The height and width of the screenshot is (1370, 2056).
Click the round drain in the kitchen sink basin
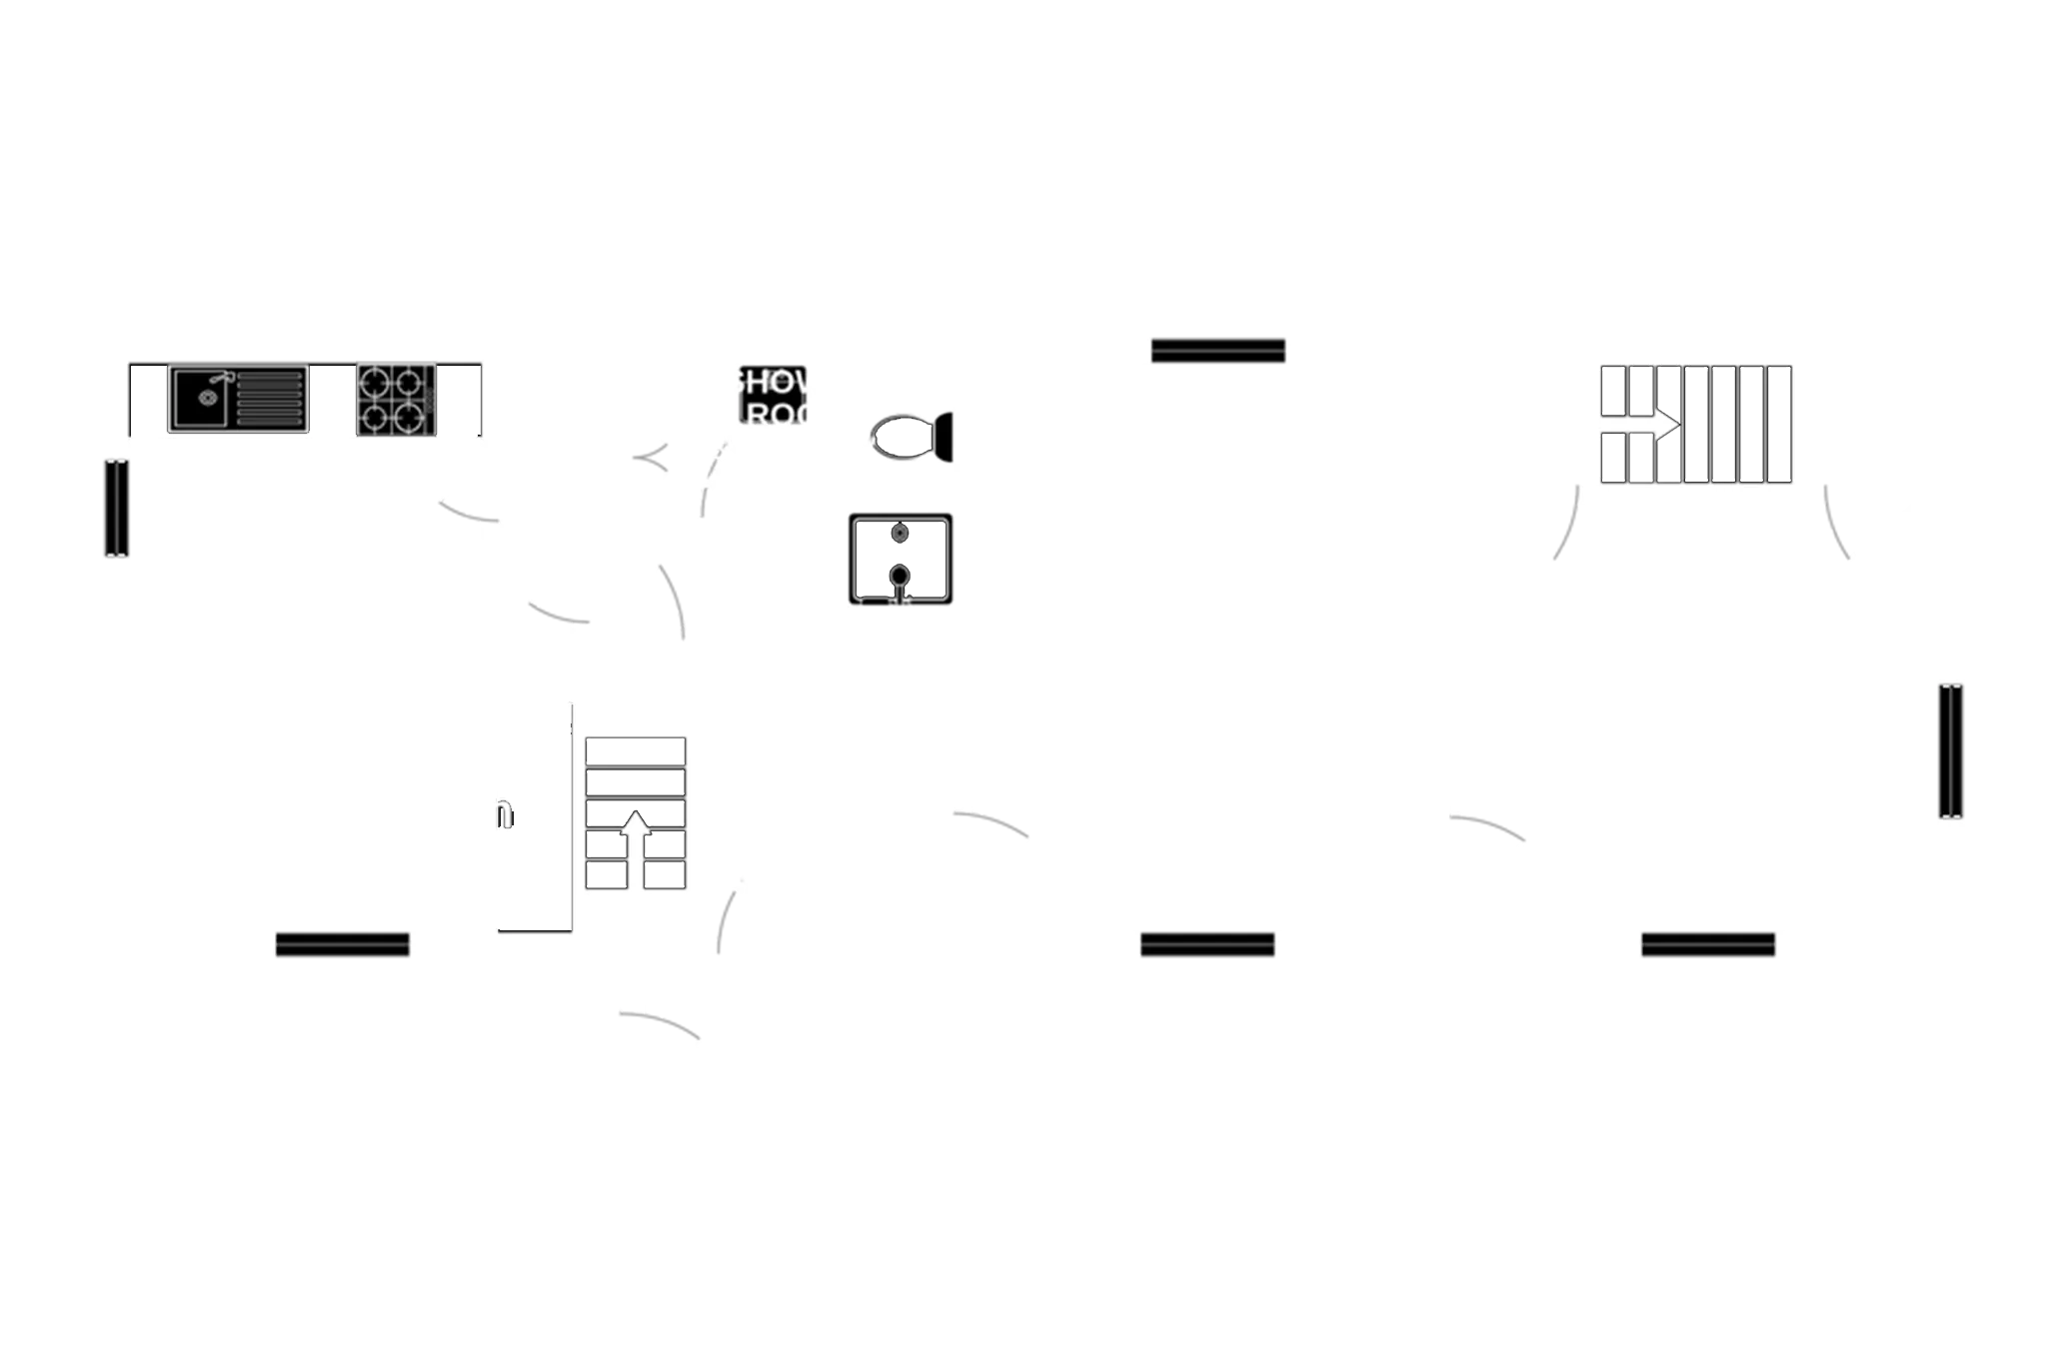pyautogui.click(x=207, y=398)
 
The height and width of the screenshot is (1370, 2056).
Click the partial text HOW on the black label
pyautogui.click(x=773, y=382)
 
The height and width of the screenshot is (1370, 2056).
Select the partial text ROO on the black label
pyautogui.click(x=773, y=412)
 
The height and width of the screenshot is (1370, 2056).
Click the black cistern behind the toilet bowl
pyautogui.click(x=945, y=437)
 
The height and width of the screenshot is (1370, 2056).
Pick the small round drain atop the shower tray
pyautogui.click(x=901, y=532)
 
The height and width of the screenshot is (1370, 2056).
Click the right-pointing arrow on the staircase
pyautogui.click(x=1664, y=424)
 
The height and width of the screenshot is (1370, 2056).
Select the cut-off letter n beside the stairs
pyautogui.click(x=508, y=813)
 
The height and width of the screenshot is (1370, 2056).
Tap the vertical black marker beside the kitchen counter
pyautogui.click(x=117, y=507)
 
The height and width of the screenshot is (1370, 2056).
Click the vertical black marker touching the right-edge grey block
pyautogui.click(x=1950, y=751)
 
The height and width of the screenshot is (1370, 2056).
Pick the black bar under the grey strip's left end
pyautogui.click(x=1217, y=352)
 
